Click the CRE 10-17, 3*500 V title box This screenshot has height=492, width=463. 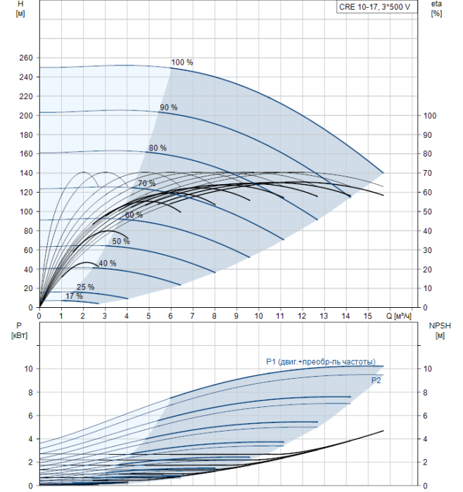coord(376,7)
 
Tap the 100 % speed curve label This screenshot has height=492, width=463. coord(182,62)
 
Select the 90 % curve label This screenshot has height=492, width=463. coord(169,108)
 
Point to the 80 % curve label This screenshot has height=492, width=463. coord(158,148)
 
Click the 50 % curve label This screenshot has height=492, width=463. coord(121,241)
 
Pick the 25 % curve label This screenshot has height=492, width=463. coord(85,287)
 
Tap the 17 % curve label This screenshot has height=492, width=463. coord(74,296)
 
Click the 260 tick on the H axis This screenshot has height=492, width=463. coord(26,58)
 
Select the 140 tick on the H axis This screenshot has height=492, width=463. coord(26,173)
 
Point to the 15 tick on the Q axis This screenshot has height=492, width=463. coord(367,316)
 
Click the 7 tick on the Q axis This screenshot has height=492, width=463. coord(192,316)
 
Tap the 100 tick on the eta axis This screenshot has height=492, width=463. coord(430,116)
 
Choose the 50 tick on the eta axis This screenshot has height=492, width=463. coord(428,212)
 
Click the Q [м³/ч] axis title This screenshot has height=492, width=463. coord(398,316)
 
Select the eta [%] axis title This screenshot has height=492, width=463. coord(437,8)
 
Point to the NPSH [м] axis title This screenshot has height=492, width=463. coord(440,330)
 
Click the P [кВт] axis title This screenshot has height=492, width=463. coord(19,330)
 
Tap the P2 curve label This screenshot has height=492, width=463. coord(376,380)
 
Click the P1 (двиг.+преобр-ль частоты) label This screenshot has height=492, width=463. coord(321,362)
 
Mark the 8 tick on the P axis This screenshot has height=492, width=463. coord(30,392)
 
